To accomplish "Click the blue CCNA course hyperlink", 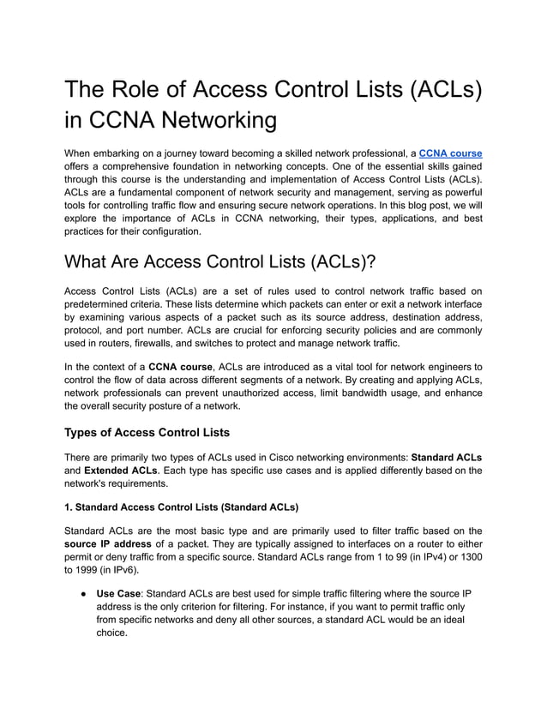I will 450,153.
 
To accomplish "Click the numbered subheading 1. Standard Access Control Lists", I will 181,507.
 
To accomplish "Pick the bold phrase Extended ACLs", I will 120,471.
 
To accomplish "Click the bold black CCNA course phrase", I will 177,367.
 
